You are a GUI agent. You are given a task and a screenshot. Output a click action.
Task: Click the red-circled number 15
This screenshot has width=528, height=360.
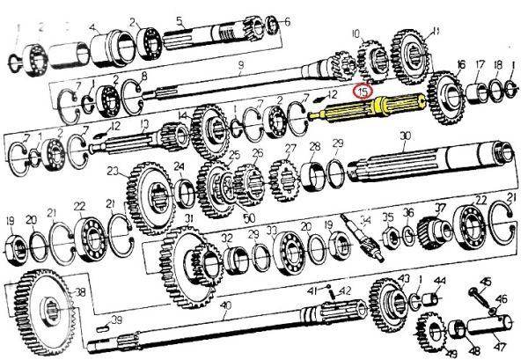tap(363, 90)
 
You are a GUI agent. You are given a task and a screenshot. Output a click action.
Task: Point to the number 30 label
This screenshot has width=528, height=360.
tap(405, 136)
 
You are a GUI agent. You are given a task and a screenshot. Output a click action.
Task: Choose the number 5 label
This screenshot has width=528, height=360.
tap(180, 20)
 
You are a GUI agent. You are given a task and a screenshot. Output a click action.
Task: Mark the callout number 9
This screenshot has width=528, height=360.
tap(239, 63)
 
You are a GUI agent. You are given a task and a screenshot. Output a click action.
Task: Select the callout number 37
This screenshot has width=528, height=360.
tap(442, 209)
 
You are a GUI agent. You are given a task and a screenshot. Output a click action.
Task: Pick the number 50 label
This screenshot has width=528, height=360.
tap(250, 217)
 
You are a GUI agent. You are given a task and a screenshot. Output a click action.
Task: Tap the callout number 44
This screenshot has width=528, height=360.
tap(440, 282)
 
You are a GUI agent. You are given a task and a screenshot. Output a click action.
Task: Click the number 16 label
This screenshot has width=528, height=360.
tap(461, 64)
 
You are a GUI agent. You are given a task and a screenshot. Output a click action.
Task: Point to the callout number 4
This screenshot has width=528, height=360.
tap(92, 27)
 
